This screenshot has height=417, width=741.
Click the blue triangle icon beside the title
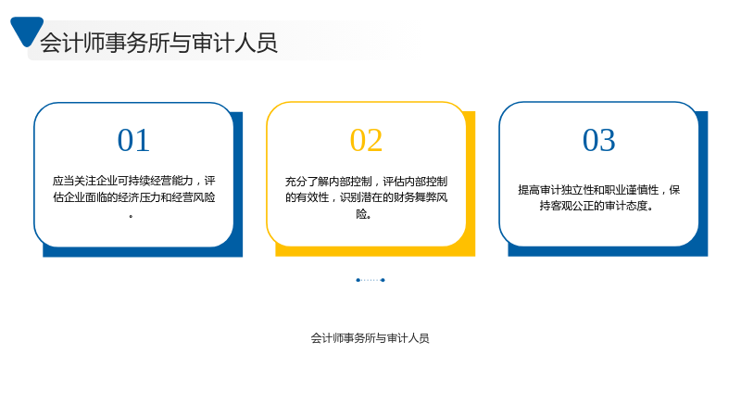click(x=27, y=30)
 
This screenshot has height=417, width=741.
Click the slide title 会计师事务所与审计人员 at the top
click(x=158, y=43)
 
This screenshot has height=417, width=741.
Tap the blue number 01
click(x=133, y=141)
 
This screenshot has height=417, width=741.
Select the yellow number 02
click(x=366, y=141)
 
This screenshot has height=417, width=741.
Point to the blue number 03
click(x=598, y=141)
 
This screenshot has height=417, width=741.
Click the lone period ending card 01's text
click(x=131, y=216)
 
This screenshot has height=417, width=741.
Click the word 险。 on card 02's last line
click(x=364, y=214)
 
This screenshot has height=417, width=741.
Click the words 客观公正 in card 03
click(x=571, y=206)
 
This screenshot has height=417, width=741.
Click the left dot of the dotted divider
click(x=358, y=280)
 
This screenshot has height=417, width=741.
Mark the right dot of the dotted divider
click(x=383, y=280)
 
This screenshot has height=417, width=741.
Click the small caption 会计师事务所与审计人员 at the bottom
click(x=370, y=338)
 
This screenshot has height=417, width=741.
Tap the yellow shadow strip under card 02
click(x=375, y=251)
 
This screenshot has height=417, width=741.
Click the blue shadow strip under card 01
click(x=143, y=252)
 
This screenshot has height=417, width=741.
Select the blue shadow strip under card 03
click(x=608, y=251)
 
